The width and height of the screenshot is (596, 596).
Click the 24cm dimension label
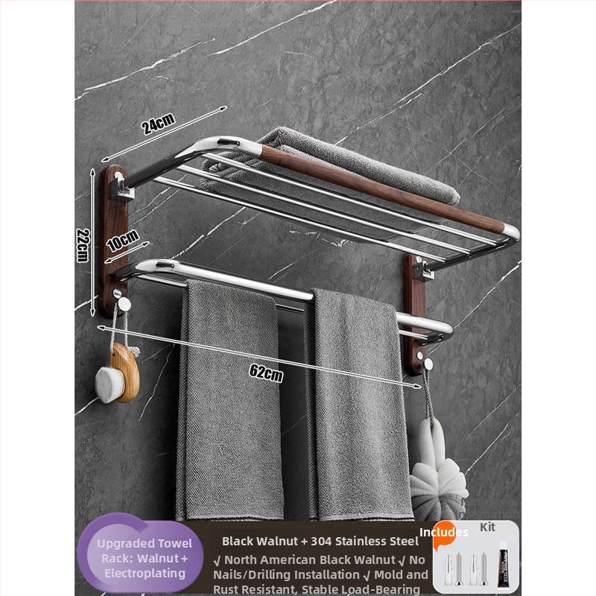coord(159,124)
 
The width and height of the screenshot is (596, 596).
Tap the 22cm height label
coord(83,245)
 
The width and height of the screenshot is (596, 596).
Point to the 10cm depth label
coord(123,241)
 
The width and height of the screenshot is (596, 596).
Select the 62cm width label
coord(267,373)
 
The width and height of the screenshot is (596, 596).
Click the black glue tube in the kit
coord(504,561)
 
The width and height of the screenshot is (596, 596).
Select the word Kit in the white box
coord(487,527)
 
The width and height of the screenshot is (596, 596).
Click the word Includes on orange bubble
coord(443,532)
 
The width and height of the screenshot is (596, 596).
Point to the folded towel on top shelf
coord(331,171)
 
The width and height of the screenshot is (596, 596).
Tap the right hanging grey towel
coord(361,403)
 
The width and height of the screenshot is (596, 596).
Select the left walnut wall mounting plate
coord(113,241)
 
